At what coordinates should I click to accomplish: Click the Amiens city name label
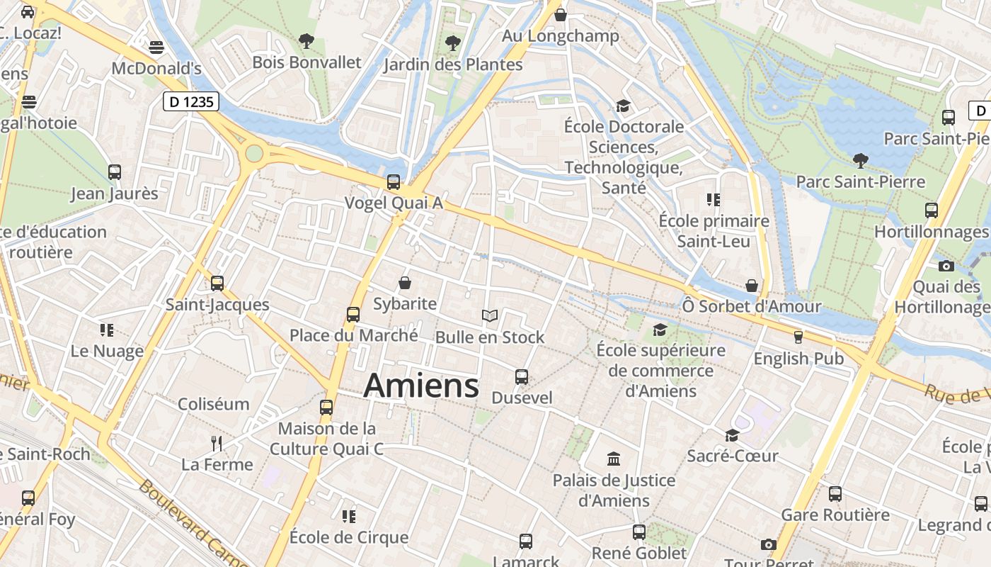pos(421,386)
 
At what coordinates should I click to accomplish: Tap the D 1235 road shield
pos(191,102)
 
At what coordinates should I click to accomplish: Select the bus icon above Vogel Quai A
pos(394,182)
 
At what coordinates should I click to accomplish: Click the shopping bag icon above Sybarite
pos(405,283)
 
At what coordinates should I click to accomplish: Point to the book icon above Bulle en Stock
pos(490,316)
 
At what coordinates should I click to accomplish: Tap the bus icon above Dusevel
pos(522,376)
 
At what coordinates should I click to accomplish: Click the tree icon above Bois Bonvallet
pos(307,41)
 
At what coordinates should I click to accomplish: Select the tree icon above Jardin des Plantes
pos(453,43)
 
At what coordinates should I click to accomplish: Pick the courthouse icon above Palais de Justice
pos(614,459)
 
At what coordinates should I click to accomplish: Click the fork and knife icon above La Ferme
pos(217,444)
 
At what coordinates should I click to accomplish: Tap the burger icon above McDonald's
pos(156,47)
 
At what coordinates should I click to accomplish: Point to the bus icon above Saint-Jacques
pos(217,283)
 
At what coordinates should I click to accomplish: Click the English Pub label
pos(798,359)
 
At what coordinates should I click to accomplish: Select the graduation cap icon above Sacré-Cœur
pos(732,435)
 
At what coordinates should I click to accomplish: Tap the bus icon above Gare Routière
pos(835,494)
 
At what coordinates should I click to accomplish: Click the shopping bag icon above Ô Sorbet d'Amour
pos(752,286)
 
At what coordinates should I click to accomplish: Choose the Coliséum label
pos(214,405)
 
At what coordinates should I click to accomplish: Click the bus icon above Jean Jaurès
pos(115,172)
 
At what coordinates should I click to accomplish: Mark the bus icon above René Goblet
pos(639,532)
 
